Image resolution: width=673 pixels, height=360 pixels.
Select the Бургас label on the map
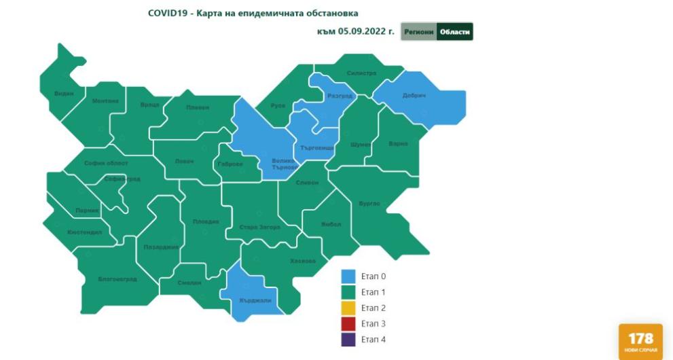(x=369, y=203)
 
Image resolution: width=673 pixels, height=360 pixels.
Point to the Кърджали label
(x=255, y=300)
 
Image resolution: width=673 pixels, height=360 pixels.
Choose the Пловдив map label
(x=206, y=221)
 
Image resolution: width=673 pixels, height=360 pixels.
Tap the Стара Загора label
(x=259, y=227)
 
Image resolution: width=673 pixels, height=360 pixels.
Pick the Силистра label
(x=361, y=73)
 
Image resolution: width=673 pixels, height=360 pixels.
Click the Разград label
(x=340, y=96)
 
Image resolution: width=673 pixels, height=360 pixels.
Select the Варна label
(x=398, y=144)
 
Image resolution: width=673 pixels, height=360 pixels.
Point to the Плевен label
(x=198, y=107)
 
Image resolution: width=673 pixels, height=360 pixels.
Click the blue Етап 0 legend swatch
(x=348, y=276)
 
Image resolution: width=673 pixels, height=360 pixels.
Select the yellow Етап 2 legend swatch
(x=348, y=308)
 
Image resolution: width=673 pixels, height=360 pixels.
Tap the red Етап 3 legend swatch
(x=348, y=323)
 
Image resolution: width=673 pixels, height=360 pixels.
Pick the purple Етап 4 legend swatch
(x=348, y=339)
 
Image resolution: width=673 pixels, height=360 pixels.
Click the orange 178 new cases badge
(x=640, y=341)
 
